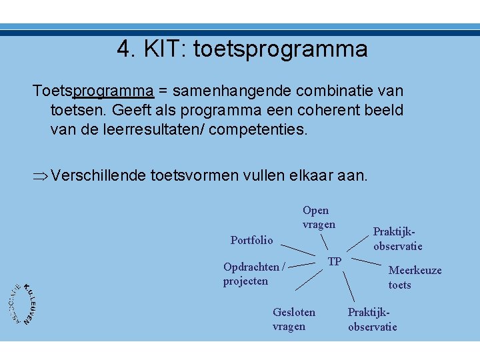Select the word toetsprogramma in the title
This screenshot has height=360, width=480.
[x=280, y=49]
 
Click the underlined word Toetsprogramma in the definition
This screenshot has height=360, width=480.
[x=93, y=90]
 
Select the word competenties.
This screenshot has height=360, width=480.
[x=259, y=129]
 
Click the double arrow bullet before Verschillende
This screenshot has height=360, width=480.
[x=41, y=176]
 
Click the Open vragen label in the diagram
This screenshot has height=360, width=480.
[x=319, y=217]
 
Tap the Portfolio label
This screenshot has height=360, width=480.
[x=251, y=240]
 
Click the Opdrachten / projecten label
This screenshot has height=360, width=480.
[x=253, y=274]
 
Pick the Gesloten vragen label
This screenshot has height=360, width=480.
[x=294, y=319]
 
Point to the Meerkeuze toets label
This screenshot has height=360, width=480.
[x=415, y=277]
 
